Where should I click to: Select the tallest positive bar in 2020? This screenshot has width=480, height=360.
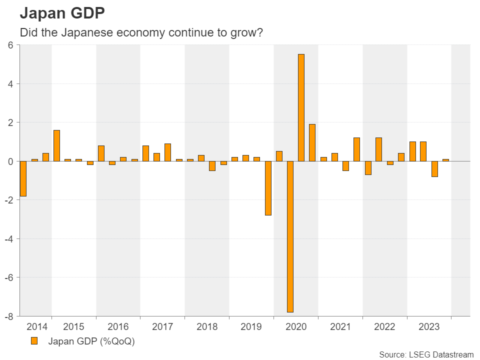coord(301,107)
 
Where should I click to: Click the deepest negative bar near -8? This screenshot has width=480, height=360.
coord(290,236)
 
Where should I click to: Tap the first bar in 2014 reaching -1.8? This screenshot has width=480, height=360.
coord(22,178)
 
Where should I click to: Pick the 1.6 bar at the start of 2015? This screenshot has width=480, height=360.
coord(56,145)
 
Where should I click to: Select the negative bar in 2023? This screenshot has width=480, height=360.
coord(434,169)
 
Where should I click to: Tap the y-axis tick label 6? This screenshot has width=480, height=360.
coord(10,45)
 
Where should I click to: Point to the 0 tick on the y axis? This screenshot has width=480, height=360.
coord(10,161)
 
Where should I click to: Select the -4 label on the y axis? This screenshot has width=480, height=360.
coord(8,238)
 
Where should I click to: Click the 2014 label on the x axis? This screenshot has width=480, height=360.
coord(37,327)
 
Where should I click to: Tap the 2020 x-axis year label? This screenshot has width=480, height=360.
coord(295,327)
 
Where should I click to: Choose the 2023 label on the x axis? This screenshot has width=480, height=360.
coord(429,327)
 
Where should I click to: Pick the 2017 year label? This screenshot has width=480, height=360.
coord(162,327)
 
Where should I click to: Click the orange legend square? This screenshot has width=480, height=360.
coord(34,341)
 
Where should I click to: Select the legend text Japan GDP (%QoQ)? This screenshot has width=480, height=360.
coord(91,342)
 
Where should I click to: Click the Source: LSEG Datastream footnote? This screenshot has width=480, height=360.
coord(426,354)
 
